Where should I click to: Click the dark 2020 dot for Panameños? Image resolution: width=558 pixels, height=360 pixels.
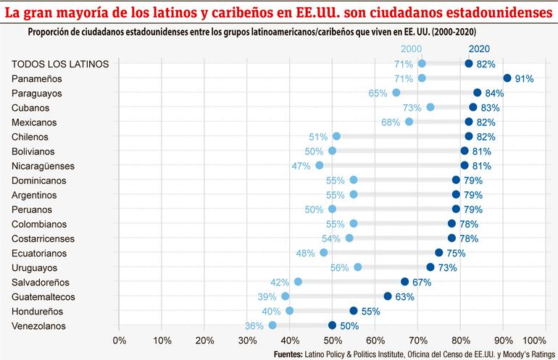tap(507, 78)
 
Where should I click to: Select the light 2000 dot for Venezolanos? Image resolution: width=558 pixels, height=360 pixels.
tap(272, 326)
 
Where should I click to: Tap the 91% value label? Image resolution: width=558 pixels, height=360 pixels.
tap(524, 78)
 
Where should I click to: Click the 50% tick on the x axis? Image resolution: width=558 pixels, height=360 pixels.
tap(332, 340)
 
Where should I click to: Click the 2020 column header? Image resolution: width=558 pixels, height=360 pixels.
tap(478, 49)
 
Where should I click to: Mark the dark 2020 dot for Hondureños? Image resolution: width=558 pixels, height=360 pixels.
tap(354, 311)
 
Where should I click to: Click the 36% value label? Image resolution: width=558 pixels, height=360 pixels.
tap(254, 326)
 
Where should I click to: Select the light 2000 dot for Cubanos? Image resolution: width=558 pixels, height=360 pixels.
tap(430, 107)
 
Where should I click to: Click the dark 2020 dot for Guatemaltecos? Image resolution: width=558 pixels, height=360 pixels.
tap(388, 296)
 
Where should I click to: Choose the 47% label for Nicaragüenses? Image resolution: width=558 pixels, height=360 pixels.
tap(301, 165)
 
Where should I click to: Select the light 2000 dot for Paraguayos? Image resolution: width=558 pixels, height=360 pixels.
tap(396, 93)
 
